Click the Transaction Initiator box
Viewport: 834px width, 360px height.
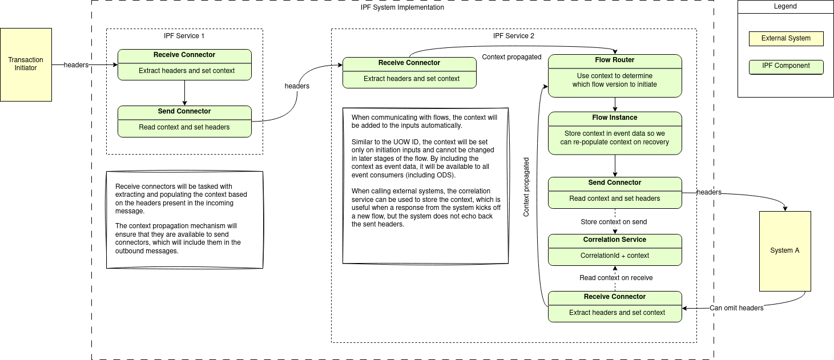(26, 64)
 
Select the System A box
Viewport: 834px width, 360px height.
(785, 251)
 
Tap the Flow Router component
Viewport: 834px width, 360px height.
(615, 75)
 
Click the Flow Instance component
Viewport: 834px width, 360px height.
(615, 133)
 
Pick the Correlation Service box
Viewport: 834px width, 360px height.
(615, 249)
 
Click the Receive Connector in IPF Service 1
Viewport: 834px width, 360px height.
(184, 64)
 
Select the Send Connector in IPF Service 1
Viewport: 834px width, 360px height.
(184, 121)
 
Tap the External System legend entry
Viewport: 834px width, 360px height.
(786, 39)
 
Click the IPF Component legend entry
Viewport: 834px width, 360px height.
(786, 66)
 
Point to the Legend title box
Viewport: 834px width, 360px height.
(785, 7)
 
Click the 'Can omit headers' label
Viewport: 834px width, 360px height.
(736, 308)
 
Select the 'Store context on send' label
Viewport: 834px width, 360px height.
(614, 222)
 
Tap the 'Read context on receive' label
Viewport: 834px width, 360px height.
(616, 278)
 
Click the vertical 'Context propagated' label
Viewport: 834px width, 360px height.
(526, 187)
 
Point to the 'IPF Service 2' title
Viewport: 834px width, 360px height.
(514, 36)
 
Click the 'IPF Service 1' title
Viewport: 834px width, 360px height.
(184, 36)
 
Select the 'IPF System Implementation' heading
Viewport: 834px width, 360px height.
(402, 7)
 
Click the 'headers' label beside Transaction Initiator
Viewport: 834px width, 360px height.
(76, 65)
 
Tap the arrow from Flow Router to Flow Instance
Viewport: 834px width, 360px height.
(615, 104)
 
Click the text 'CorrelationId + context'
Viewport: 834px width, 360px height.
(615, 256)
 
